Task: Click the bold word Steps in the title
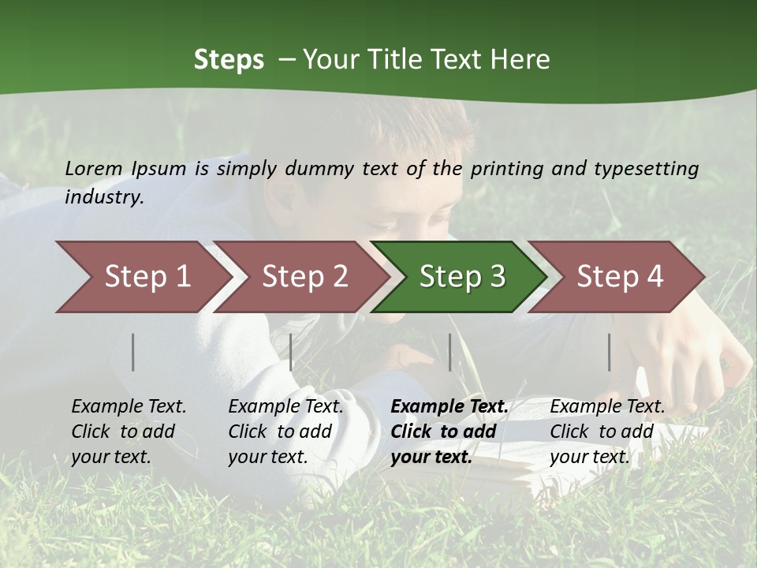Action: (x=229, y=60)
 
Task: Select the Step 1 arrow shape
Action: (x=142, y=276)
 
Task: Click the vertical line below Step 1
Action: (x=133, y=352)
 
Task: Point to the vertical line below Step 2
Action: (x=291, y=352)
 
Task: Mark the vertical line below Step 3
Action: (x=449, y=352)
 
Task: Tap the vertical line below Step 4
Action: (x=610, y=352)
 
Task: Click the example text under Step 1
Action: (x=129, y=432)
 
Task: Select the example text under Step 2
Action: (x=285, y=432)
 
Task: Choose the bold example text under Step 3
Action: (x=449, y=432)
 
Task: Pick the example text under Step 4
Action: (x=607, y=432)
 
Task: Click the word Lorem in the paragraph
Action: (x=94, y=168)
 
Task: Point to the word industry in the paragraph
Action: (x=104, y=197)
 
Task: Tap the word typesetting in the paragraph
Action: (x=646, y=169)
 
